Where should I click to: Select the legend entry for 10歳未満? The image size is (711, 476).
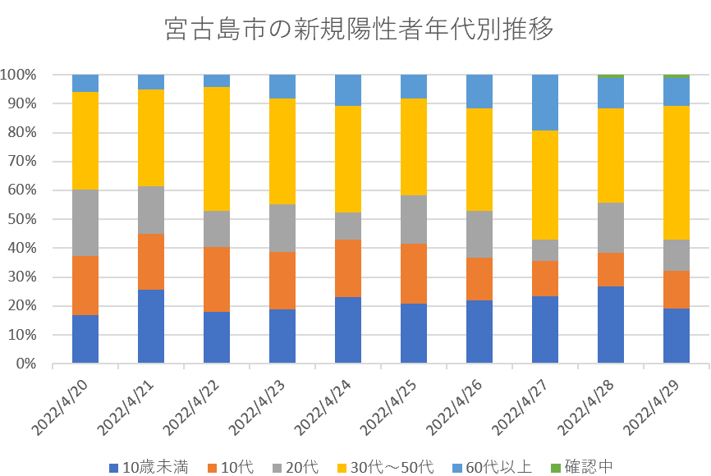pyautogui.click(x=149, y=467)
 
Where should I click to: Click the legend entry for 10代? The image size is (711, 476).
pyautogui.click(x=231, y=467)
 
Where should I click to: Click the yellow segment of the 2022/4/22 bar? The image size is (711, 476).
pyautogui.click(x=217, y=149)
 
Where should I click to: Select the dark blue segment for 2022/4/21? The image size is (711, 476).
pyautogui.click(x=151, y=326)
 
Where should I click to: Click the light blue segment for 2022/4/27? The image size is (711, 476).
pyautogui.click(x=545, y=103)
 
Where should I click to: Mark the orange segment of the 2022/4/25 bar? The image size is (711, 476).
pyautogui.click(x=414, y=273)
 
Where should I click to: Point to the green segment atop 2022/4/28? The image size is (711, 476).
pyautogui.click(x=611, y=76)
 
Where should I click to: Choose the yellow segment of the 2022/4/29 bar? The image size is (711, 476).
pyautogui.click(x=677, y=172)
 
